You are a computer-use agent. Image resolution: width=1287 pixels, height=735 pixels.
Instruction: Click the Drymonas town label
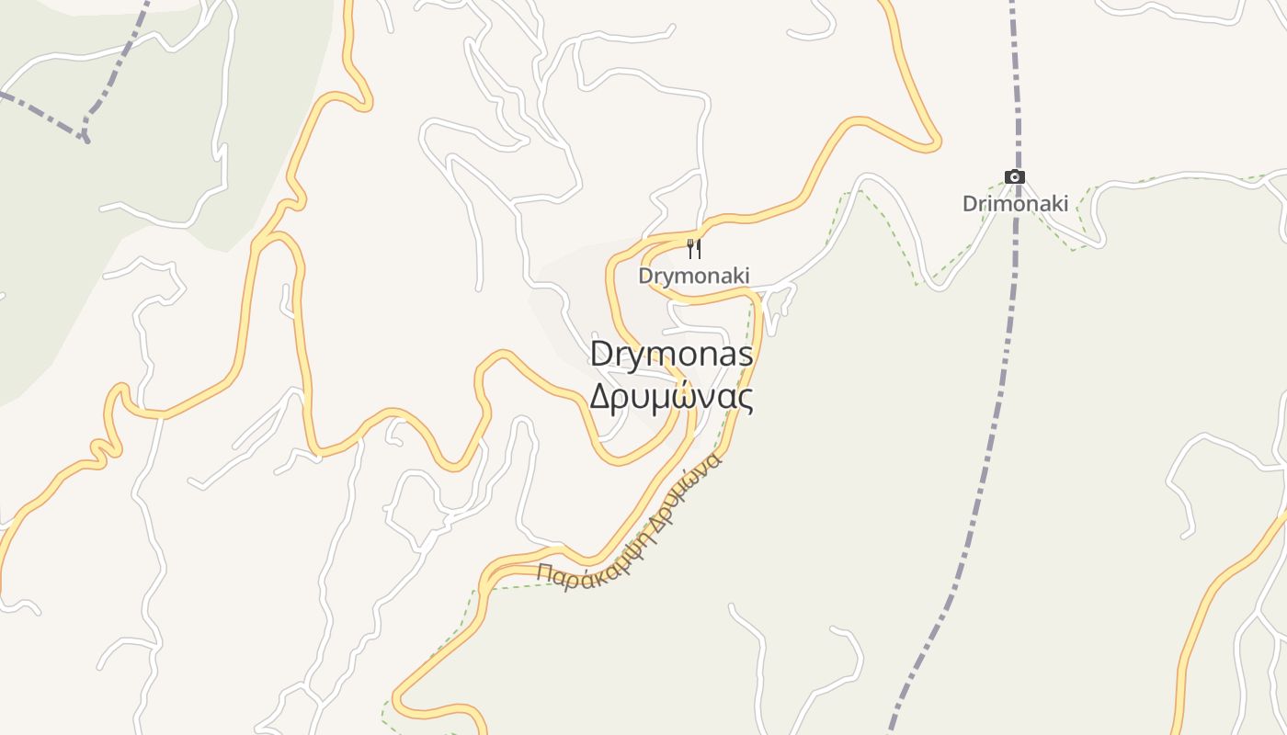[671, 355]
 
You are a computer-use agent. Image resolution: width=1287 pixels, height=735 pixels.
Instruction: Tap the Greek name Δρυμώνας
[671, 397]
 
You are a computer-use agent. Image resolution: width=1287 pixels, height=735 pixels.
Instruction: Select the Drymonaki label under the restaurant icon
[694, 276]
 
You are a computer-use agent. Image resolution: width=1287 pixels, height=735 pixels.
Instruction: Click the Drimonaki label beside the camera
[1015, 204]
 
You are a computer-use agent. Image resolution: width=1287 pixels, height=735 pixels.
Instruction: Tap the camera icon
[1014, 177]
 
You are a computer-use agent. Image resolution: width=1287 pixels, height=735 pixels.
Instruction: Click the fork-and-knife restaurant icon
[694, 248]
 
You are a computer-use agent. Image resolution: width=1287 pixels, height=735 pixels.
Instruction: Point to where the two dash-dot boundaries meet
[85, 137]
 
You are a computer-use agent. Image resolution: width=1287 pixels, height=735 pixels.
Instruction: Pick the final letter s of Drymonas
[746, 356]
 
